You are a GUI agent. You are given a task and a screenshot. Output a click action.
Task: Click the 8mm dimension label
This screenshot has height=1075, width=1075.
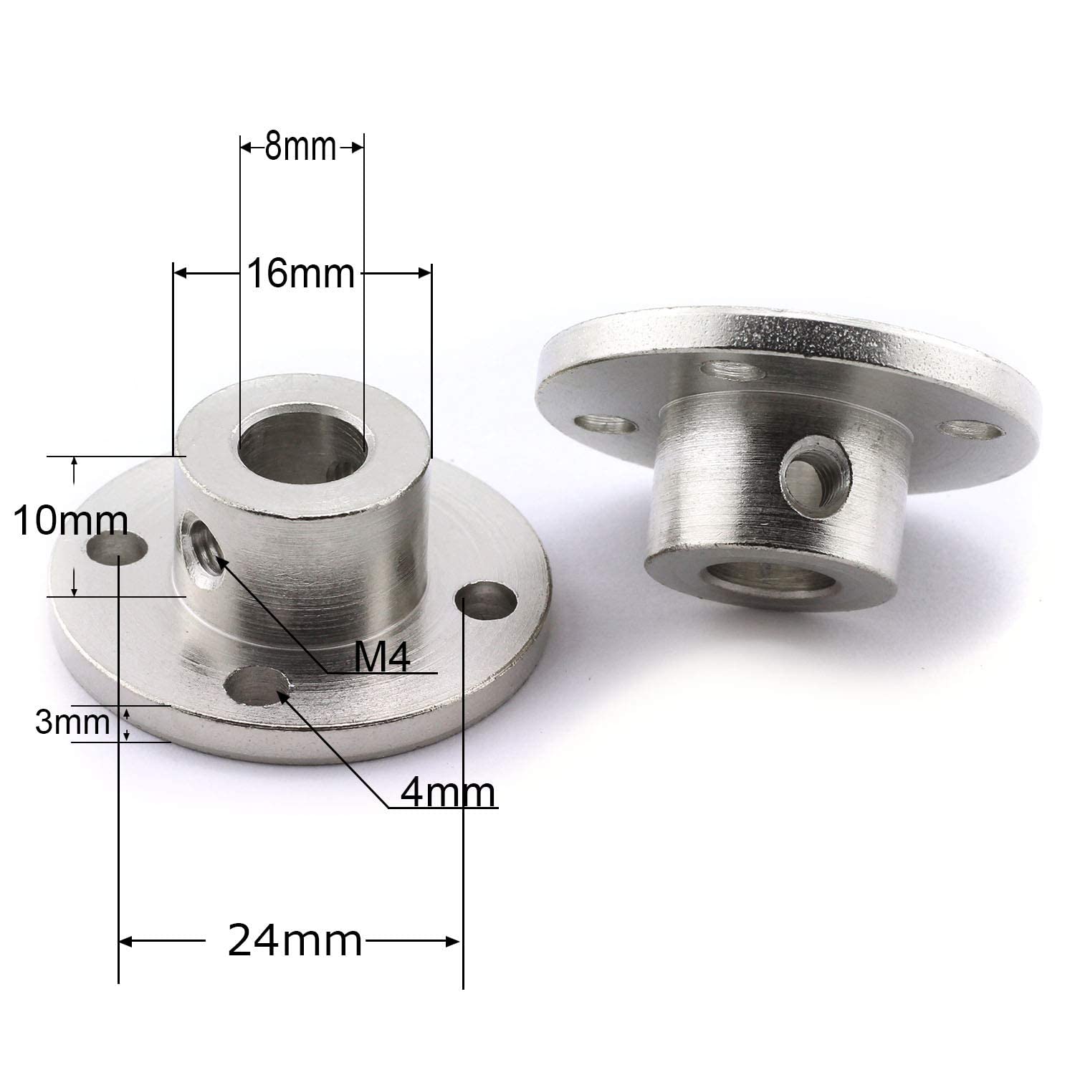300,148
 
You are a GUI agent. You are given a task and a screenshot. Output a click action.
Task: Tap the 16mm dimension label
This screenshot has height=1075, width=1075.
301,274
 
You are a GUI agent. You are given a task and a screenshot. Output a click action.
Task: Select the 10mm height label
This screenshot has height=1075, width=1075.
70,521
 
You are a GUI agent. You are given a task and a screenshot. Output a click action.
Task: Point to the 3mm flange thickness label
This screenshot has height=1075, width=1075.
72,723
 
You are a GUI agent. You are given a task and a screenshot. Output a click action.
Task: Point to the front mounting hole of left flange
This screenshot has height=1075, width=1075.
256,686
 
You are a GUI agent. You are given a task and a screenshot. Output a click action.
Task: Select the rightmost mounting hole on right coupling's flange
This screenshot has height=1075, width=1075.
972,430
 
